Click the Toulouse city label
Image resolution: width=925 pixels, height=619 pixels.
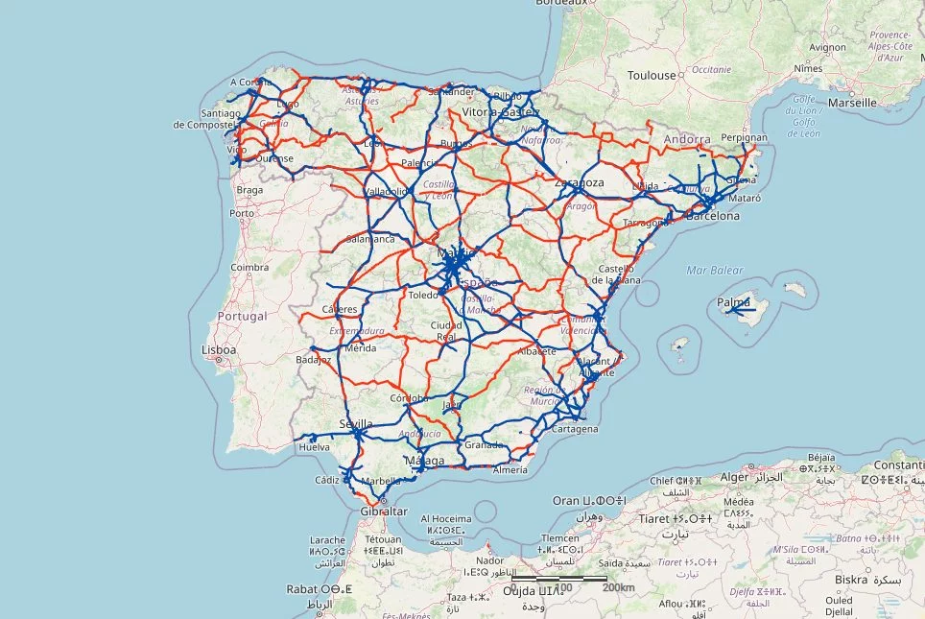click(652, 75)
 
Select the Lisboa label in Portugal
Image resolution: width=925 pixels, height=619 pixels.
click(219, 350)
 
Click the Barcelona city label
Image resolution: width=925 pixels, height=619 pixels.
click(713, 216)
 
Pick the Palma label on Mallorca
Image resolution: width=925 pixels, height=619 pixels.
click(734, 303)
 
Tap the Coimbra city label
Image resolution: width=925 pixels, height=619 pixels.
click(249, 268)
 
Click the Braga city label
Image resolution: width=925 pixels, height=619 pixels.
click(249, 189)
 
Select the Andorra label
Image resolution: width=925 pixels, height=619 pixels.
click(687, 139)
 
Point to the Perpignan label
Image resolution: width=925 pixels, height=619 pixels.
click(744, 138)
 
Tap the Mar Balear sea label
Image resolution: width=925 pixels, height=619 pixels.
click(715, 271)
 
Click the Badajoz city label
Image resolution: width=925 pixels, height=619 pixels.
click(314, 360)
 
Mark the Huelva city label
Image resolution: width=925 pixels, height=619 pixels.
click(315, 447)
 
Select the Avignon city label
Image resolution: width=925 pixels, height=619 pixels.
click(827, 47)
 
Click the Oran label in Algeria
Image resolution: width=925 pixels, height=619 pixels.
click(567, 501)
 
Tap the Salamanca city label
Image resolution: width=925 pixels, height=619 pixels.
click(370, 239)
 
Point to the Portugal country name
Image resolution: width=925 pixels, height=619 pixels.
click(241, 316)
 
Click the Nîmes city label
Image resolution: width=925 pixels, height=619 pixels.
click(809, 69)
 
